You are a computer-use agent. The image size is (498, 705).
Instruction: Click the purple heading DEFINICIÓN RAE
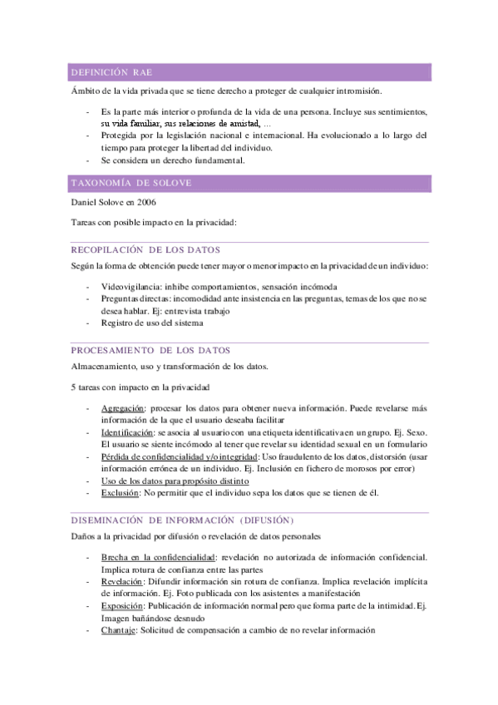pyautogui.click(x=111, y=73)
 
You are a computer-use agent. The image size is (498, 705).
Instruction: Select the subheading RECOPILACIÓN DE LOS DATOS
pyautogui.click(x=145, y=250)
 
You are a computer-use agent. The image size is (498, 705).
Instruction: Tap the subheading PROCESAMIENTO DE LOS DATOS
pyautogui.click(x=150, y=350)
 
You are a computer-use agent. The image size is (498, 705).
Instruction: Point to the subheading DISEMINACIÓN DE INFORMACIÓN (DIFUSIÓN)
pyautogui.click(x=182, y=520)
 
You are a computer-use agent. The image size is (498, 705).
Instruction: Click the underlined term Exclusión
pyautogui.click(x=120, y=493)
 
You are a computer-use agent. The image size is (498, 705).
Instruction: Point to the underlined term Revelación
pyautogui.click(x=121, y=582)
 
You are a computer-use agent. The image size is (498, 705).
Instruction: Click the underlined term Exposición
pyautogui.click(x=122, y=606)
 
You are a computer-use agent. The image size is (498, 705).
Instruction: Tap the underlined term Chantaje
pyautogui.click(x=118, y=630)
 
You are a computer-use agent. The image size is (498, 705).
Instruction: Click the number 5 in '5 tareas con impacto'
pyautogui.click(x=74, y=387)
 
